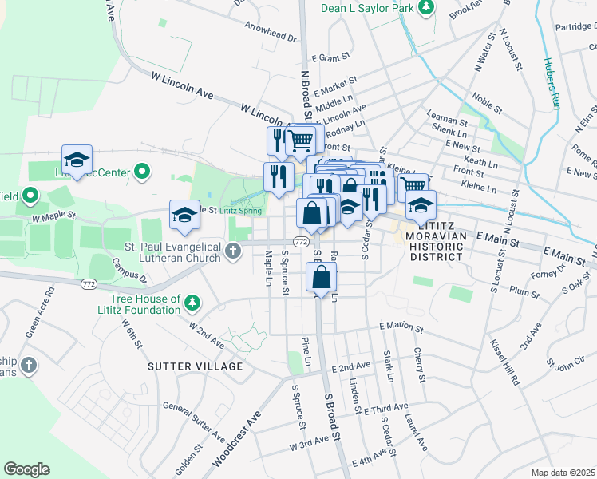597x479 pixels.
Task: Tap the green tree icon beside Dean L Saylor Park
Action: coord(427,7)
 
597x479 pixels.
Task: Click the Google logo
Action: coord(26,469)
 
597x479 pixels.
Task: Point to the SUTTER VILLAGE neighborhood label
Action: coord(195,366)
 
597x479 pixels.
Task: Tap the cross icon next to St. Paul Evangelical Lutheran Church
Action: coord(233,252)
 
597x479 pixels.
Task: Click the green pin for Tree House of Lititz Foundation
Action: coord(192,303)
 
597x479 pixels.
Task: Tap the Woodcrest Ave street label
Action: coord(237,439)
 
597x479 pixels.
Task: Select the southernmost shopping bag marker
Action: coord(321,279)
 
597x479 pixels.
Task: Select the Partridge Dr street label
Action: coord(575,26)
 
